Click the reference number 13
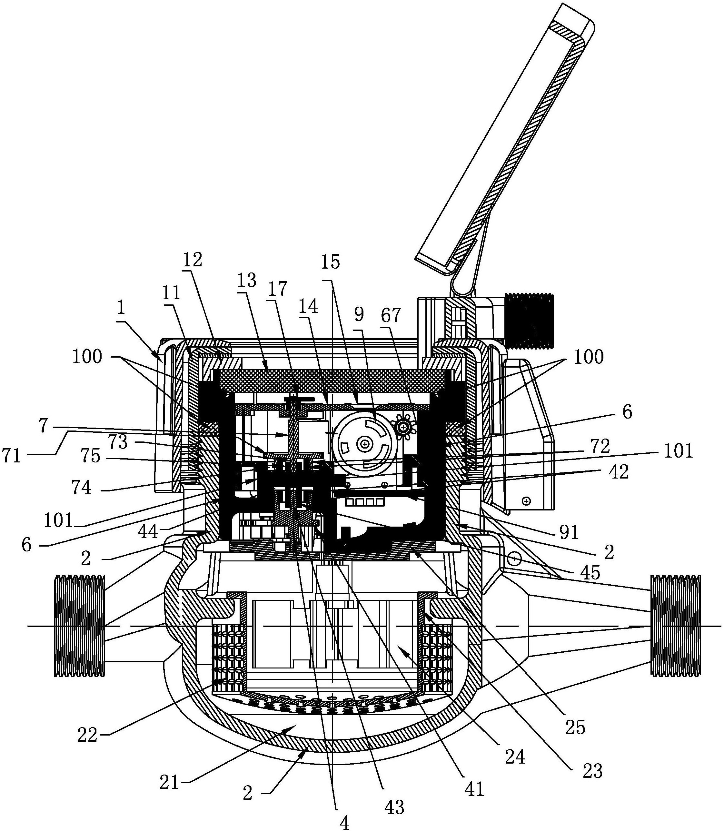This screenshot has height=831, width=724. (x=246, y=280)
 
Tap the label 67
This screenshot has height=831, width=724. (x=390, y=315)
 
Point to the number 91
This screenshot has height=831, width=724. (x=569, y=533)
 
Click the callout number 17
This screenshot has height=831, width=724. (x=278, y=289)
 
